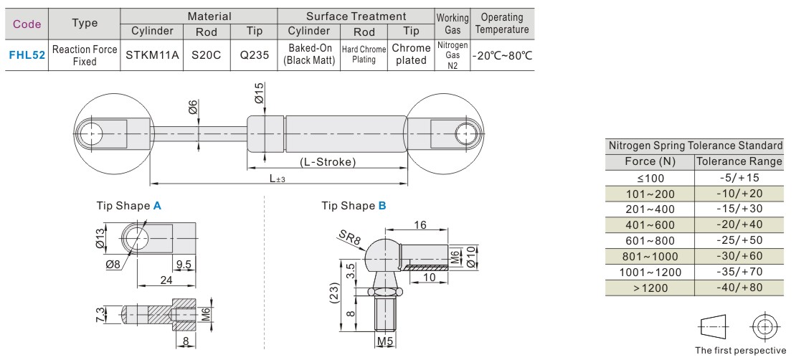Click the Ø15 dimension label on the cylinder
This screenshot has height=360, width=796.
(x=259, y=92)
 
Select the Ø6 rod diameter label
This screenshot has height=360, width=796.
(x=192, y=108)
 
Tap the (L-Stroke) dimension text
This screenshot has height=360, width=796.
(x=328, y=161)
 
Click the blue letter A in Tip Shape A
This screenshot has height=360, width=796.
(x=157, y=205)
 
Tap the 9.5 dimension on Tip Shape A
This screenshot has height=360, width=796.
(x=183, y=264)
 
